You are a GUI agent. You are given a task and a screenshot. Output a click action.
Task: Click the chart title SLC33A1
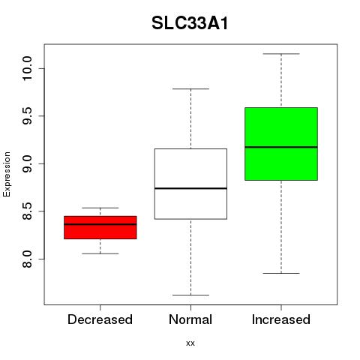[190, 23]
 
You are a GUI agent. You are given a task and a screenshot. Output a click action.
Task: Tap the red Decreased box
[100, 227]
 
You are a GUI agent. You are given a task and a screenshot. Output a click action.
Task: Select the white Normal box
[190, 184]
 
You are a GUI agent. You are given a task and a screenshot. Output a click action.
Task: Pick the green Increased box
[281, 144]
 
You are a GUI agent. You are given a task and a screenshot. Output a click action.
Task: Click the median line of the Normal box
[190, 188]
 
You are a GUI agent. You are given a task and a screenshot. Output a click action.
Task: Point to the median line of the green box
[281, 147]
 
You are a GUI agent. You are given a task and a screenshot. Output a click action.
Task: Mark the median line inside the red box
[100, 224]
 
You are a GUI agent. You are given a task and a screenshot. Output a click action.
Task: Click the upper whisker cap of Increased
[281, 54]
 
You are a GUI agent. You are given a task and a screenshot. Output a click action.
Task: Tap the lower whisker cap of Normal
[190, 295]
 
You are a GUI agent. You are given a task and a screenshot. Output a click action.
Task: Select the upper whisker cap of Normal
[190, 88]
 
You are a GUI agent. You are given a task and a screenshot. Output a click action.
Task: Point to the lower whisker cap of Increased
[281, 273]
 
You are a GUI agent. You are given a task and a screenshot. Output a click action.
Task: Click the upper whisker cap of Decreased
[100, 208]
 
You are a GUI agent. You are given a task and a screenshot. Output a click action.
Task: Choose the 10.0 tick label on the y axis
[27, 68]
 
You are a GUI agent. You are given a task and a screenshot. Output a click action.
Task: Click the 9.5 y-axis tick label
[27, 116]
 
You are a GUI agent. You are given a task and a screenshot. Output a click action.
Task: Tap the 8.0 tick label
[27, 259]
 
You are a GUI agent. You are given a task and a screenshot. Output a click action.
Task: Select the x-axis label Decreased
[100, 319]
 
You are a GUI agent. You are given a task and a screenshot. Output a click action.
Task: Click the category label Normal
[190, 319]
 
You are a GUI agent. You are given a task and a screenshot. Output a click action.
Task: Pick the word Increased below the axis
[281, 319]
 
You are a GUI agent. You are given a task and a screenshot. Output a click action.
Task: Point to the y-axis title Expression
[7, 174]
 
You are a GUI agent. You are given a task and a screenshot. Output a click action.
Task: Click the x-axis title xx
[190, 343]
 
